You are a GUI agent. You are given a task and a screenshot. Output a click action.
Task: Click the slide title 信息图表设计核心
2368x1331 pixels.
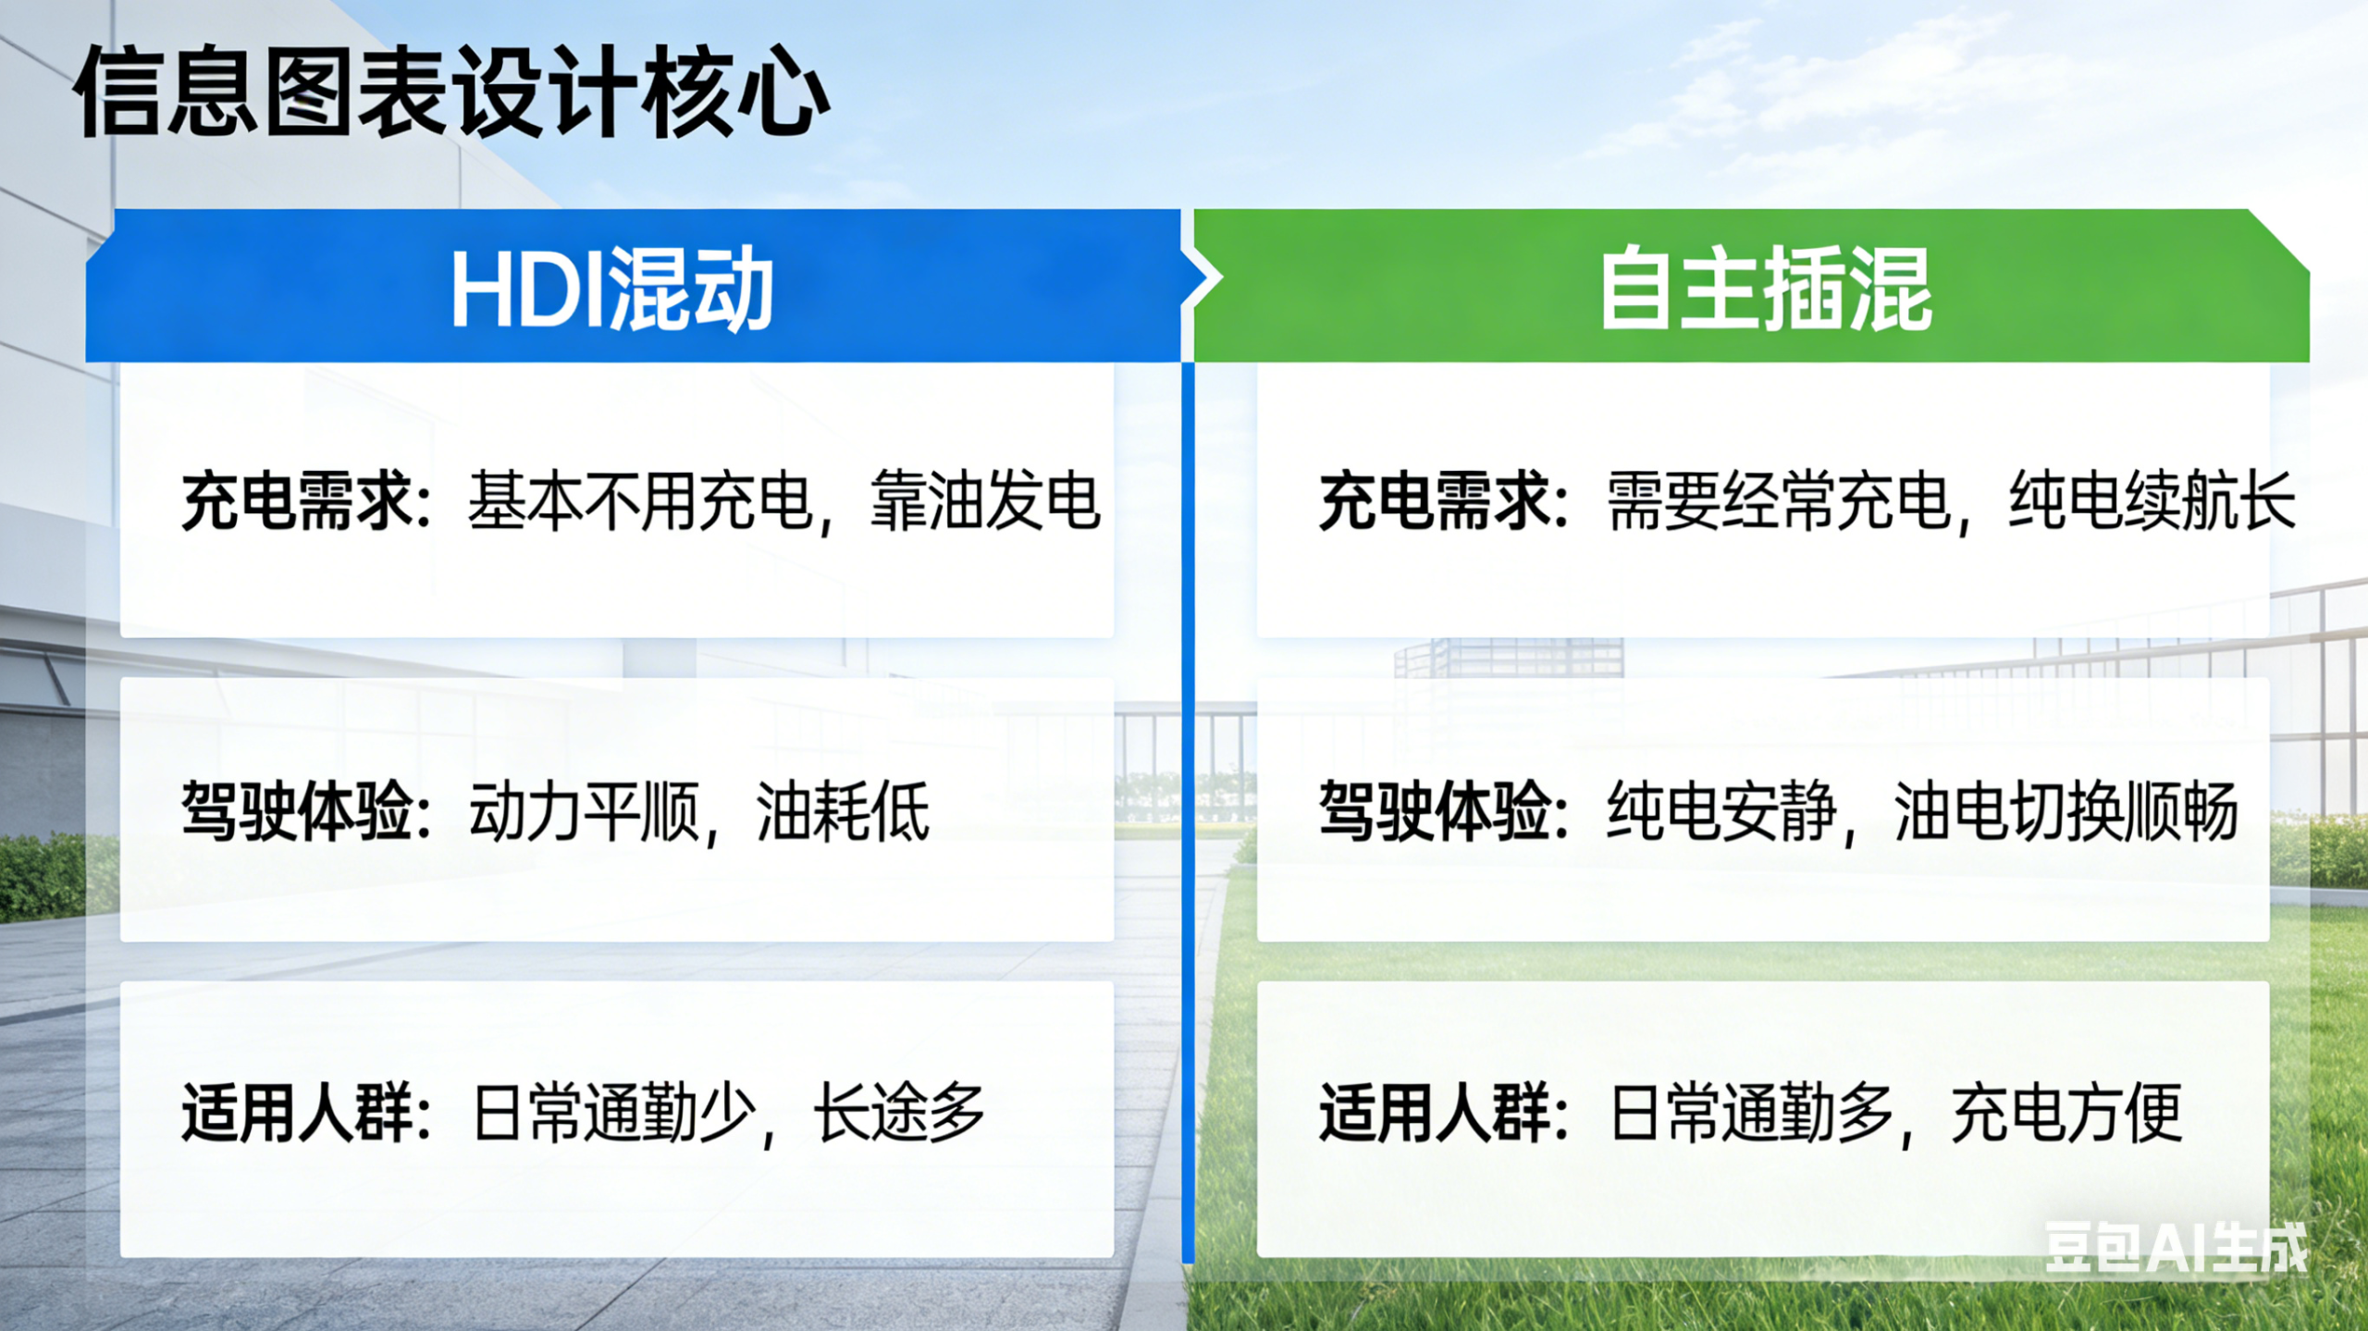pyautogui.click(x=451, y=92)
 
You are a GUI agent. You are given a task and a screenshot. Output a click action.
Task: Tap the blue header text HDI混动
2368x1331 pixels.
pyautogui.click(x=611, y=289)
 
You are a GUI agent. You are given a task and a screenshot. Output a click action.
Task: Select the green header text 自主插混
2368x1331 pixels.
pyautogui.click(x=1766, y=289)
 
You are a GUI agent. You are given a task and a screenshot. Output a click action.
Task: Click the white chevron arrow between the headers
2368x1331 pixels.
pyautogui.click(x=1202, y=278)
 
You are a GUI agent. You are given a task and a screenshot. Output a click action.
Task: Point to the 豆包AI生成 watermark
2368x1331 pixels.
pyautogui.click(x=2176, y=1248)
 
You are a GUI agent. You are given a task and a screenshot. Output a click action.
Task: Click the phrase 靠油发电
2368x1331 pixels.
pyautogui.click(x=985, y=501)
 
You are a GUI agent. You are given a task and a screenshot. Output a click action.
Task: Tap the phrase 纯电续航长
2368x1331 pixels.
pyautogui.click(x=2152, y=501)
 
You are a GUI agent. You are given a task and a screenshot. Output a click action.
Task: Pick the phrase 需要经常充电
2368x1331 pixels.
pyautogui.click(x=1779, y=501)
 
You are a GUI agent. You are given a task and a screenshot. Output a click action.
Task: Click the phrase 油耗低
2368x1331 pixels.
pyautogui.click(x=843, y=811)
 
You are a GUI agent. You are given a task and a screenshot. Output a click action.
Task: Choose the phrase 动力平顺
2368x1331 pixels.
pyautogui.click(x=584, y=811)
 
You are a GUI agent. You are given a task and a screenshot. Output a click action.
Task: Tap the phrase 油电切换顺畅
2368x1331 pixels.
pyautogui.click(x=2066, y=811)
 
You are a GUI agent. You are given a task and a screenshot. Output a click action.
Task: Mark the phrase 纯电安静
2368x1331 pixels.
pyautogui.click(x=1721, y=811)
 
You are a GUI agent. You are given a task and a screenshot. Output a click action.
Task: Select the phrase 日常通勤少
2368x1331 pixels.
pyautogui.click(x=611, y=1113)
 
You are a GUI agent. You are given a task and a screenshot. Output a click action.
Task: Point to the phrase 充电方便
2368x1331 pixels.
pyautogui.click(x=2066, y=1113)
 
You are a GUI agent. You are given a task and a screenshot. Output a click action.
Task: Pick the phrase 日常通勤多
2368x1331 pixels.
pyautogui.click(x=1751, y=1113)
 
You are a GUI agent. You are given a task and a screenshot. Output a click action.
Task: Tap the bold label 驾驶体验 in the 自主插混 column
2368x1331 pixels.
pyautogui.click(x=1435, y=811)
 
